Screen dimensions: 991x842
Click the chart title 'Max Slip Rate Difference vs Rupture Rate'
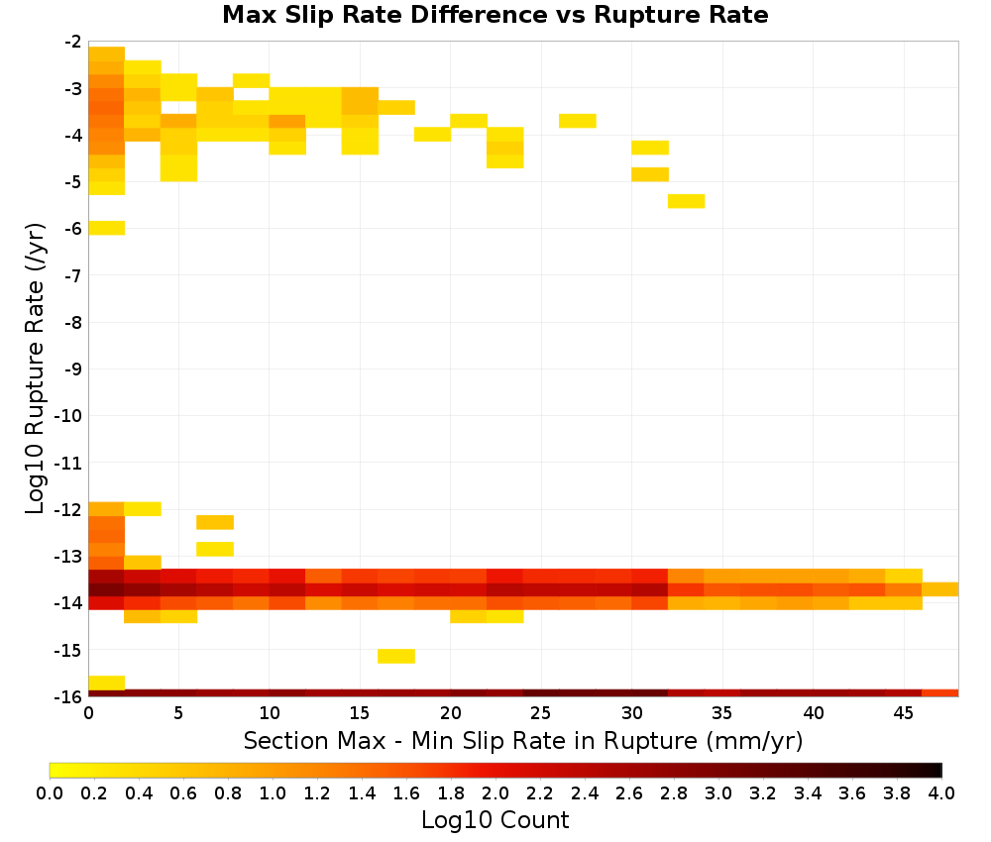pyautogui.click(x=495, y=15)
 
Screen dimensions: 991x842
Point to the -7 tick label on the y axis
pyautogui.click(x=73, y=275)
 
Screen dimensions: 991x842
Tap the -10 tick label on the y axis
pyautogui.click(x=68, y=416)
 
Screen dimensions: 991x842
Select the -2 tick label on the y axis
pyautogui.click(x=73, y=42)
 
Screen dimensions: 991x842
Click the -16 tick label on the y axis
pyautogui.click(x=68, y=696)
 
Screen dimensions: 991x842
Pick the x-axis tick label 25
pyautogui.click(x=541, y=713)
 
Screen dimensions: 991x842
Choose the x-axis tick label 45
pyautogui.click(x=903, y=713)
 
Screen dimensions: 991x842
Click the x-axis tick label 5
pyautogui.click(x=178, y=713)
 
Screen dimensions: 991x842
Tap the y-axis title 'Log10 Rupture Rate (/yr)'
pyautogui.click(x=35, y=368)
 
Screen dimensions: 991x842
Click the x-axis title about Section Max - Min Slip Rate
pyautogui.click(x=523, y=741)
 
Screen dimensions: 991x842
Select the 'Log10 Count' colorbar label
pyautogui.click(x=495, y=820)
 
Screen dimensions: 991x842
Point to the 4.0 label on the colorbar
pyautogui.click(x=941, y=793)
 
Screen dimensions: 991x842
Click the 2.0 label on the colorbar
pyautogui.click(x=495, y=793)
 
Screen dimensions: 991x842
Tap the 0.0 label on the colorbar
pyautogui.click(x=50, y=793)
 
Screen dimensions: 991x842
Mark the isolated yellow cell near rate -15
pyautogui.click(x=396, y=657)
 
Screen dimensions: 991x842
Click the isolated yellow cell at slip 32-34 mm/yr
pyautogui.click(x=687, y=201)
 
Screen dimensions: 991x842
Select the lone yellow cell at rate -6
pyautogui.click(x=107, y=228)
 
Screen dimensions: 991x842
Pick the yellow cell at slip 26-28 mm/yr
pyautogui.click(x=578, y=121)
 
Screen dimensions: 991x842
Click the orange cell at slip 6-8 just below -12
pyautogui.click(x=215, y=522)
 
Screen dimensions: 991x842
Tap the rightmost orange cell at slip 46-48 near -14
pyautogui.click(x=940, y=589)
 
